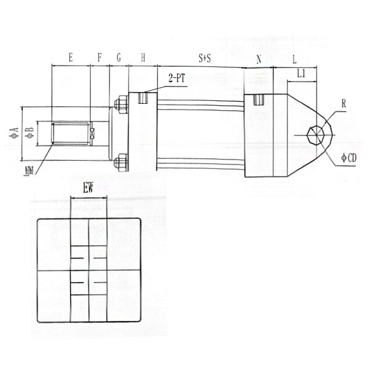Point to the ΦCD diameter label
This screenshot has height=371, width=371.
348,158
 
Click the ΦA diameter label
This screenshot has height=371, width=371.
13,131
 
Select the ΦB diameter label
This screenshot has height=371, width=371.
28,132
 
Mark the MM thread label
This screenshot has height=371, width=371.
28,170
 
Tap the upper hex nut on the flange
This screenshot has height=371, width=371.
121,104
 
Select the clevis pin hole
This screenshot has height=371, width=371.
315,134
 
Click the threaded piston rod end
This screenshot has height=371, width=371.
69,134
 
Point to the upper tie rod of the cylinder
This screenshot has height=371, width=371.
201,106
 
